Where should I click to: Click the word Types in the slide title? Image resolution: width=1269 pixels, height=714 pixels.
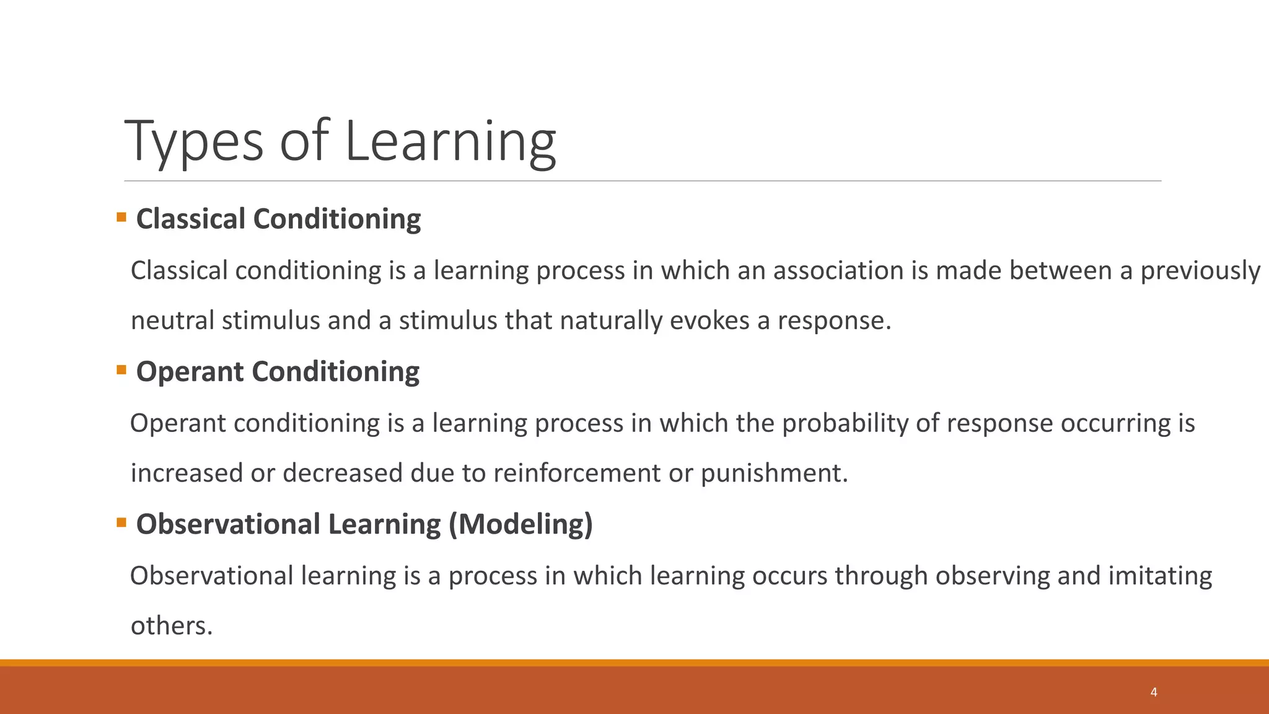coord(194,143)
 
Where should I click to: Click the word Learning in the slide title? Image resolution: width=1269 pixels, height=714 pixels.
coord(450,143)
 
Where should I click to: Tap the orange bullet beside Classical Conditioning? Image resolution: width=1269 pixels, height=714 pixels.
coord(121,218)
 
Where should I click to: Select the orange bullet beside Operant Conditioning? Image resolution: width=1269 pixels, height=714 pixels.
coord(121,370)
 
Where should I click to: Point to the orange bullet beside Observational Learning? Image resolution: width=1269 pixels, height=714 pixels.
coord(121,522)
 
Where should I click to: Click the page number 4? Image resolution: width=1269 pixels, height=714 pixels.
coord(1154,692)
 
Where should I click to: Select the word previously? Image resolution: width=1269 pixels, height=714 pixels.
coord(1200,271)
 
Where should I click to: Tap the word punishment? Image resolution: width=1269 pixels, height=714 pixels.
coord(774,474)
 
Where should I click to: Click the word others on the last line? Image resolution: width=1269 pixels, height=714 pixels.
coord(171,626)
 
